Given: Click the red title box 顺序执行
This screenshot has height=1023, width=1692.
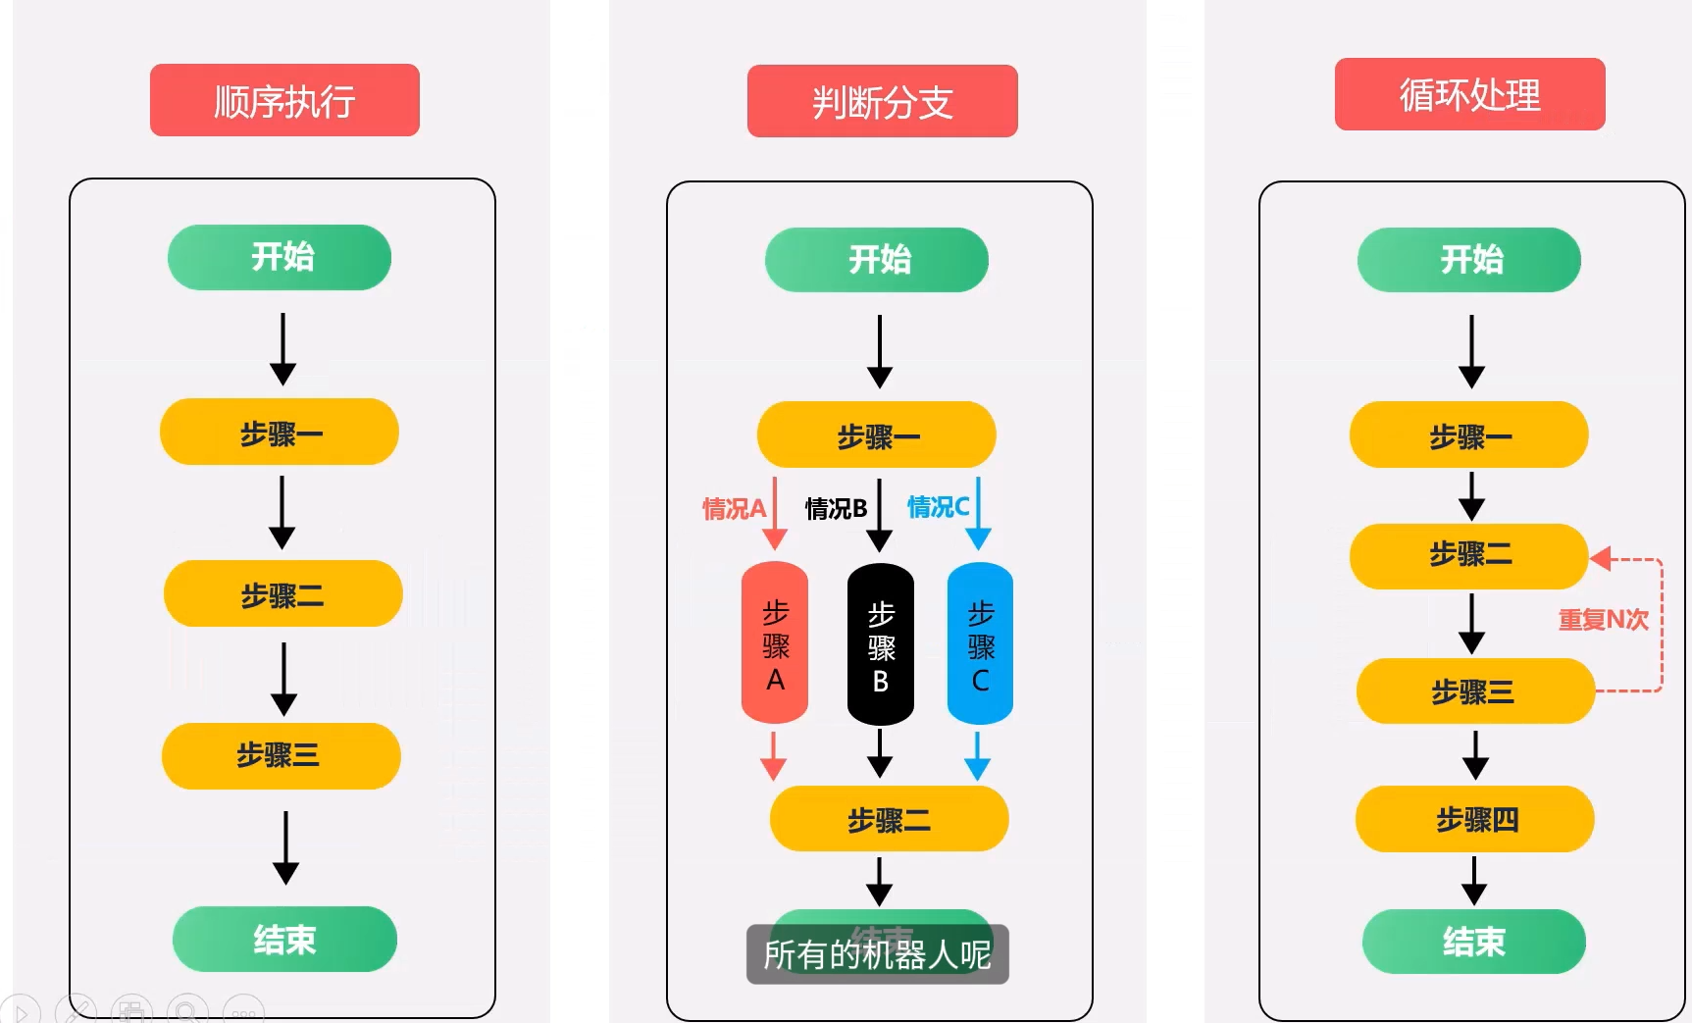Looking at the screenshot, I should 284,100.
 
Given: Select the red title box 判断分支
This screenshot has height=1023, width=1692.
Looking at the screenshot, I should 882,101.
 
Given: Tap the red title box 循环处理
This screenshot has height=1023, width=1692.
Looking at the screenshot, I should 1469,94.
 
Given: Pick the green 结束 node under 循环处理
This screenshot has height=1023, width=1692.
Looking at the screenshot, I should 1473,942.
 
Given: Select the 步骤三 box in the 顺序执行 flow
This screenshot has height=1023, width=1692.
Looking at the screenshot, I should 281,755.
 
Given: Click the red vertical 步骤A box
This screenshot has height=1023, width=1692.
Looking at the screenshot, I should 775,643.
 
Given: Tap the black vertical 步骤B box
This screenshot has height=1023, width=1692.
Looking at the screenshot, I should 880,644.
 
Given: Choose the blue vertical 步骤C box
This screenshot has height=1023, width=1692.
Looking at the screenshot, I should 980,644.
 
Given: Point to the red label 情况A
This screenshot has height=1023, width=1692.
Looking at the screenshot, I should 733,508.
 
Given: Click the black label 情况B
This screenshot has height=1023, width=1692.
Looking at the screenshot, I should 836,508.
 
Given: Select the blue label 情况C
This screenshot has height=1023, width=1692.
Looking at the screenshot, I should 938,507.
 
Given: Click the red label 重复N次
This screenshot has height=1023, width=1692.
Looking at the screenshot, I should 1603,619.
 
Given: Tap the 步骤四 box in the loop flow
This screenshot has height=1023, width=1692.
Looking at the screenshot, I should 1474,819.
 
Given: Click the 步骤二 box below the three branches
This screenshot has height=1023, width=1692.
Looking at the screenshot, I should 889,819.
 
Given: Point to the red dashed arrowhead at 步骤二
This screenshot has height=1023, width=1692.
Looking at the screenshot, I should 1601,558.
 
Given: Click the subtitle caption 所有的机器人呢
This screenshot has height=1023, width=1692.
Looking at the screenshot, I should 877,953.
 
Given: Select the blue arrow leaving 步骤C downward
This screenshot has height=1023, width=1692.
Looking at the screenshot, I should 977,756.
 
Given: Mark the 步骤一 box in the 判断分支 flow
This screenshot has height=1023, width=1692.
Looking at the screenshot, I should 876,435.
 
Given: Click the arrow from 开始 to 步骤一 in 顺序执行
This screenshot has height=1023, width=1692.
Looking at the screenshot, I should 282,349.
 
